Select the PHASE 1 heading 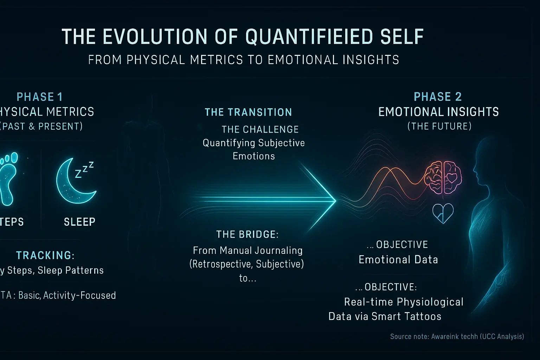click(x=39, y=97)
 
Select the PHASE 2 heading click(x=438, y=97)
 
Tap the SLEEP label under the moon click(x=79, y=222)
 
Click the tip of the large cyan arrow click(x=335, y=201)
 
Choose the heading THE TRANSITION click(x=248, y=112)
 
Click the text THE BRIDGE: click(x=247, y=234)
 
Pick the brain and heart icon click(x=443, y=178)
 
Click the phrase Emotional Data click(x=398, y=260)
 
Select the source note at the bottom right click(x=457, y=337)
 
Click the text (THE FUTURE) click(x=439, y=126)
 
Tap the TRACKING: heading click(x=45, y=255)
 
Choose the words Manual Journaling click(x=261, y=251)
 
